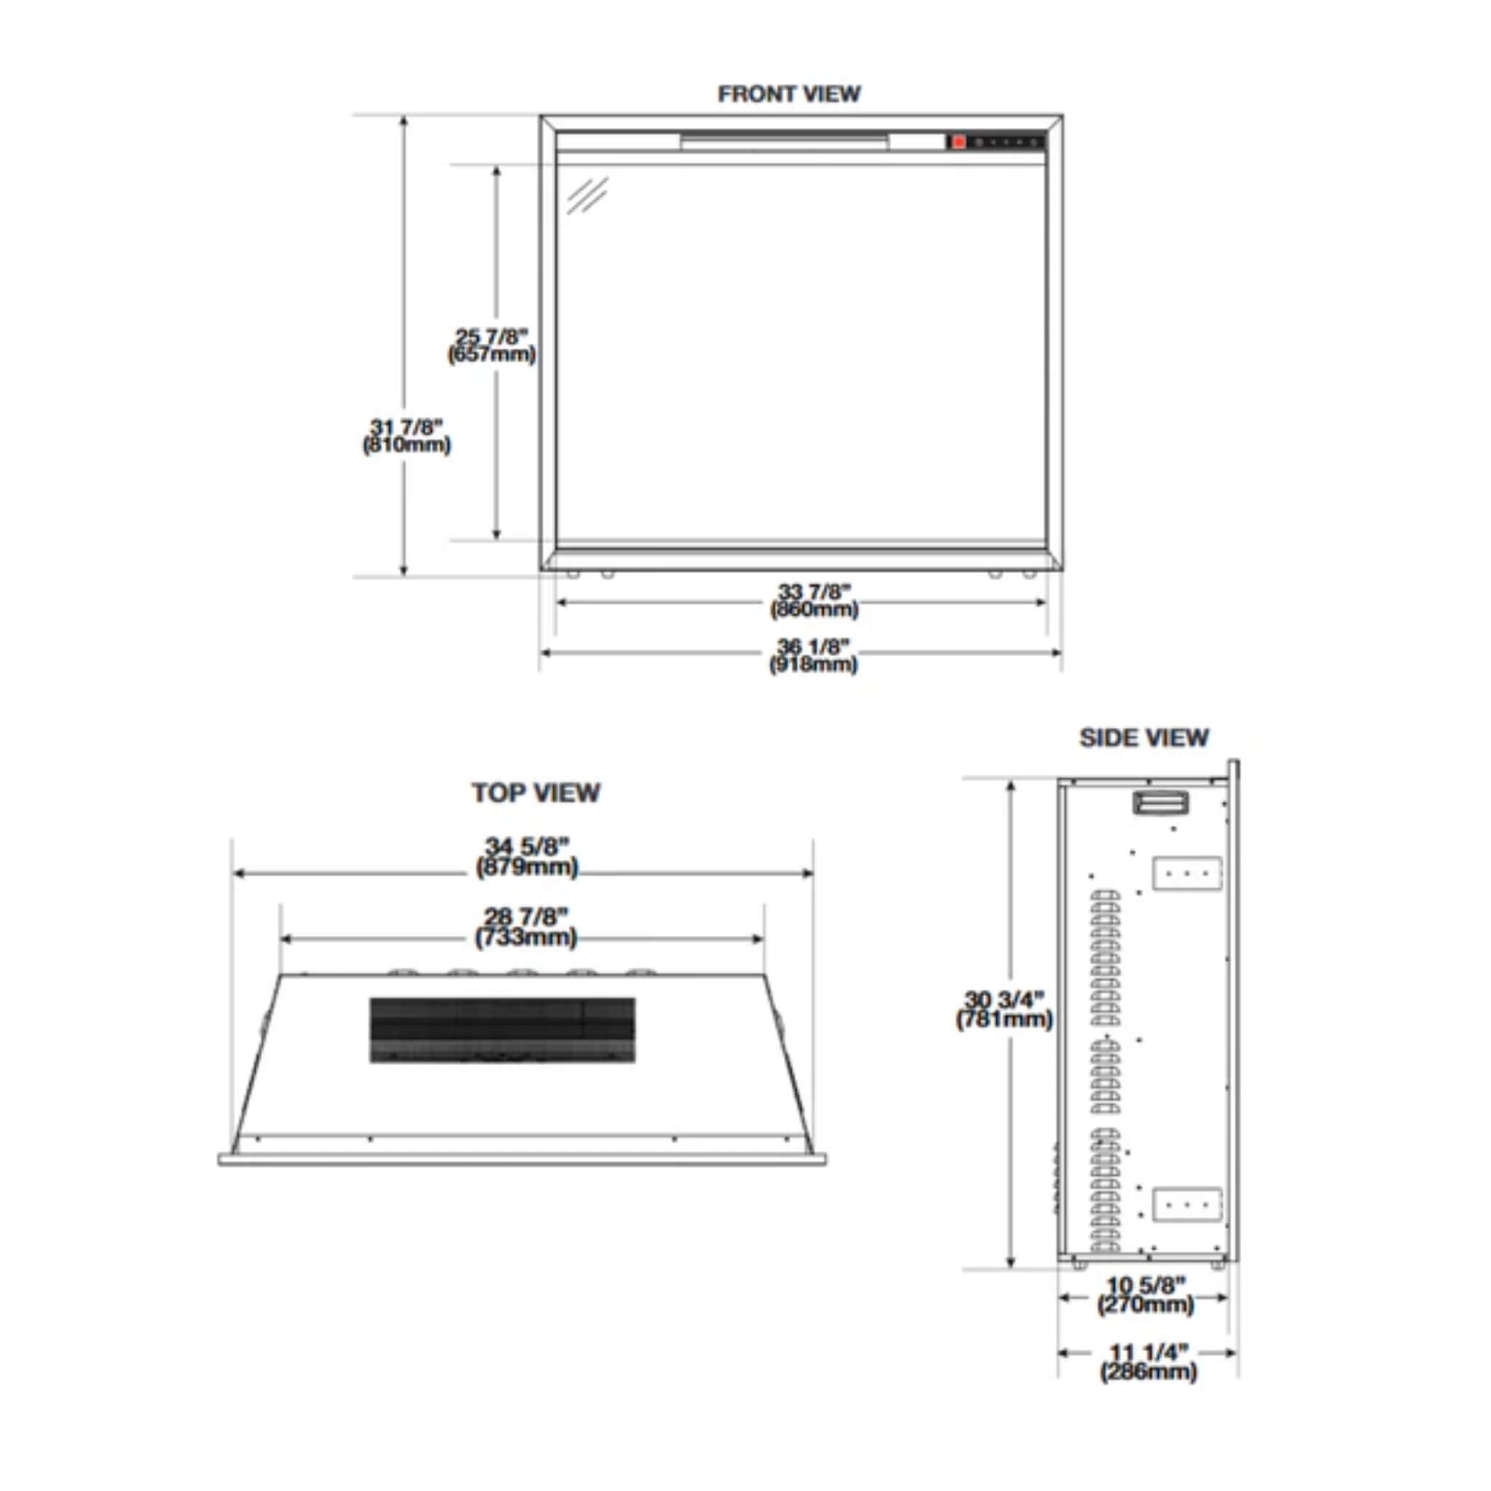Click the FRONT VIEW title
coord(788,94)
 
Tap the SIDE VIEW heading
coord(1143,737)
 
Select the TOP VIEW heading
coord(536,793)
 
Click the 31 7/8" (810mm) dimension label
coord(406,436)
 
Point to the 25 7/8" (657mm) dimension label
coord(491,346)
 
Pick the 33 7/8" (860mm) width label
coord(813,601)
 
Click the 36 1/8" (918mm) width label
coord(813,655)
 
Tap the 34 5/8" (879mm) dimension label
coord(526,858)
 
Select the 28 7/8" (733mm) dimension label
coord(526,927)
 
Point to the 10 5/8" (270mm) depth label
coord(1145,1294)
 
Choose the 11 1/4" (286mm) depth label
coord(1148,1362)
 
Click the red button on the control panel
coord(959,142)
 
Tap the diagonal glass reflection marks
coord(588,195)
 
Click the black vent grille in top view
coord(502,1030)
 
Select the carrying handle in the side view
coord(1160,802)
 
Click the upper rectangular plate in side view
coord(1187,873)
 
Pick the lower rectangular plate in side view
coord(1187,1205)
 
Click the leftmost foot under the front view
coord(573,574)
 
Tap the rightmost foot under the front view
coord(1029,574)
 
